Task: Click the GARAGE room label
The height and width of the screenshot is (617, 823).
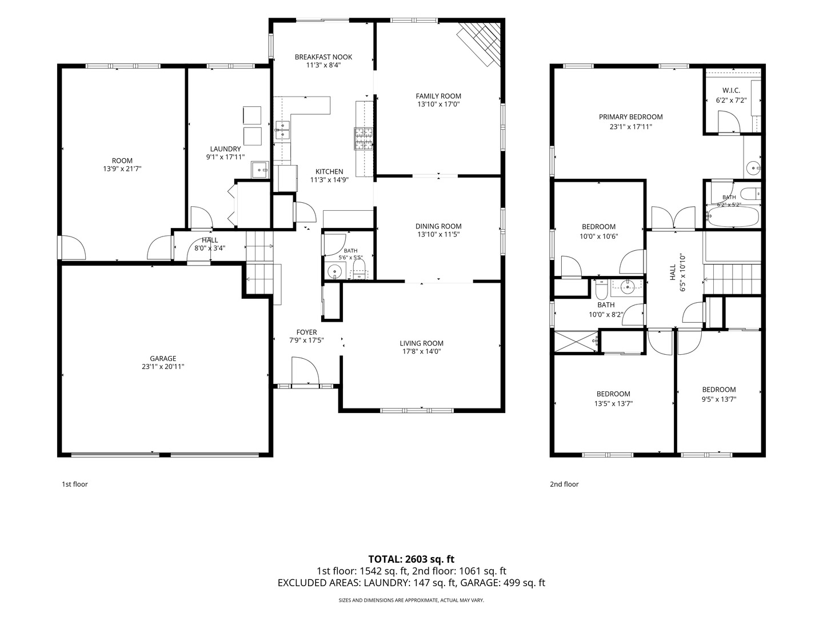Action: tap(163, 359)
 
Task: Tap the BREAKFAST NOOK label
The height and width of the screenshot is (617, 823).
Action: tap(323, 57)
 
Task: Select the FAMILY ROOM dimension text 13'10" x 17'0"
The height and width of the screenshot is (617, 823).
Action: tap(438, 104)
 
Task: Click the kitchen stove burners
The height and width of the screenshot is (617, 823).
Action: tap(363, 139)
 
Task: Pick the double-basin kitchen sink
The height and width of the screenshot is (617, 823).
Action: tap(282, 130)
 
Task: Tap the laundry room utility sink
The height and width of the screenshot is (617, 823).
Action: tap(260, 170)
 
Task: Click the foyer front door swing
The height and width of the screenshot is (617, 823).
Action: tap(305, 371)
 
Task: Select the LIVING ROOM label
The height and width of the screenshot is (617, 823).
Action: tap(421, 343)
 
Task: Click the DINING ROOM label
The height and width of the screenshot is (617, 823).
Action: tap(438, 226)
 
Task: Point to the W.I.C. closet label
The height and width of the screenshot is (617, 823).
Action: tap(731, 91)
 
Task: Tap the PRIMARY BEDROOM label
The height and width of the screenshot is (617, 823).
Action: tap(630, 117)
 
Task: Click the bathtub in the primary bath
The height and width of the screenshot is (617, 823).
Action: tap(733, 217)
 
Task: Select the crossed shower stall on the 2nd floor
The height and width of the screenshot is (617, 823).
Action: tap(576, 341)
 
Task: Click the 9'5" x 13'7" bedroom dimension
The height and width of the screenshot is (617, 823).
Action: tap(719, 399)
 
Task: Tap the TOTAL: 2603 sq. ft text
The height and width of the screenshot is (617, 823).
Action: tap(411, 559)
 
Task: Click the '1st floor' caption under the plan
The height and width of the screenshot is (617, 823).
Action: tap(75, 484)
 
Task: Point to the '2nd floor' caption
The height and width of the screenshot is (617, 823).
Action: tap(564, 484)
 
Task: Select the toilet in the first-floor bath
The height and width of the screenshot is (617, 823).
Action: tap(359, 270)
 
